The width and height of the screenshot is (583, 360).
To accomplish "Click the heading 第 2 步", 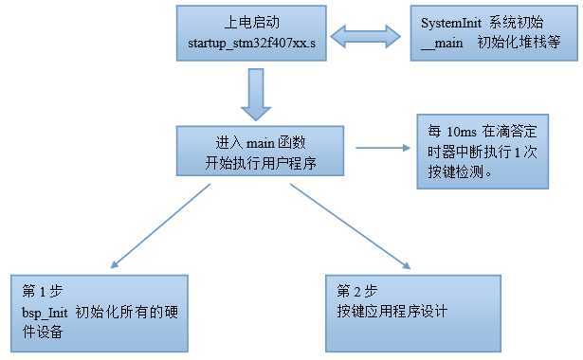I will [356, 290].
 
